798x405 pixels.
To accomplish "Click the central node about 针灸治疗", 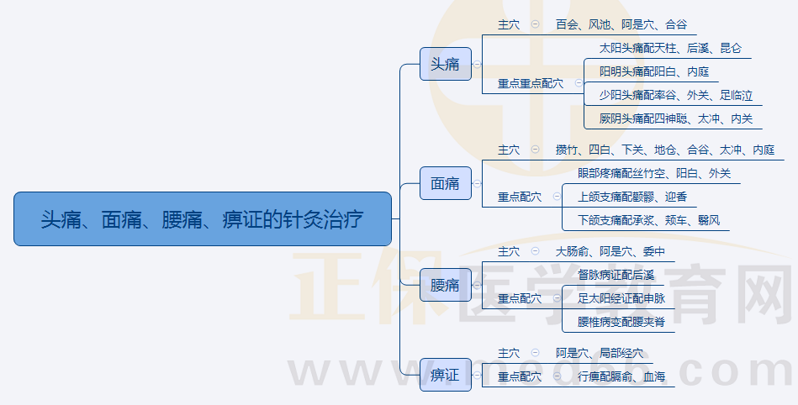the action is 203,218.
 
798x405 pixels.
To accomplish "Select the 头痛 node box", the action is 446,64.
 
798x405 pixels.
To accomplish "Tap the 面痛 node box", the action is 446,183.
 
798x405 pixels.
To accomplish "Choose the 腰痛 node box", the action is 446,285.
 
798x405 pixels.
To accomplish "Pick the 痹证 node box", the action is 446,375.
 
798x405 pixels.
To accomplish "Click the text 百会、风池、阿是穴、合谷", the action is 621,24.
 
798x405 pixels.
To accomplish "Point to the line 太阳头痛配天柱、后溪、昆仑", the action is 670,49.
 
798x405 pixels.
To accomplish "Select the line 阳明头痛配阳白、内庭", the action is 654,71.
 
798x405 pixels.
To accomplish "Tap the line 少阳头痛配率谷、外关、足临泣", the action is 676,95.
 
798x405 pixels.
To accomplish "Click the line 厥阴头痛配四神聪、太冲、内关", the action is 676,118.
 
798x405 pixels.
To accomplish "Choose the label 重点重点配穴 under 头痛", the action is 531,83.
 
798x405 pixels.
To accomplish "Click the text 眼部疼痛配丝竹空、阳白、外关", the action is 654,173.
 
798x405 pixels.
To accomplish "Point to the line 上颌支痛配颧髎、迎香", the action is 632,197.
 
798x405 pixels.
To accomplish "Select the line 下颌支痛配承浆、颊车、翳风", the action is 648,220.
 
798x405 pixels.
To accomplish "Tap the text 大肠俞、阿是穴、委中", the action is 610,251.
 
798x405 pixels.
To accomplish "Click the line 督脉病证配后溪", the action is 616,276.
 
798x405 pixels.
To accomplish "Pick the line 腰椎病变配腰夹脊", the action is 621,322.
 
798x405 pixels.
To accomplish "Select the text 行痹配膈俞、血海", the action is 621,376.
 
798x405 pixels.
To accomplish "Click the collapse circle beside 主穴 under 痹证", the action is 535,353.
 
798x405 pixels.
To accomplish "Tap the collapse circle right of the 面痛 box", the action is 477,183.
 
